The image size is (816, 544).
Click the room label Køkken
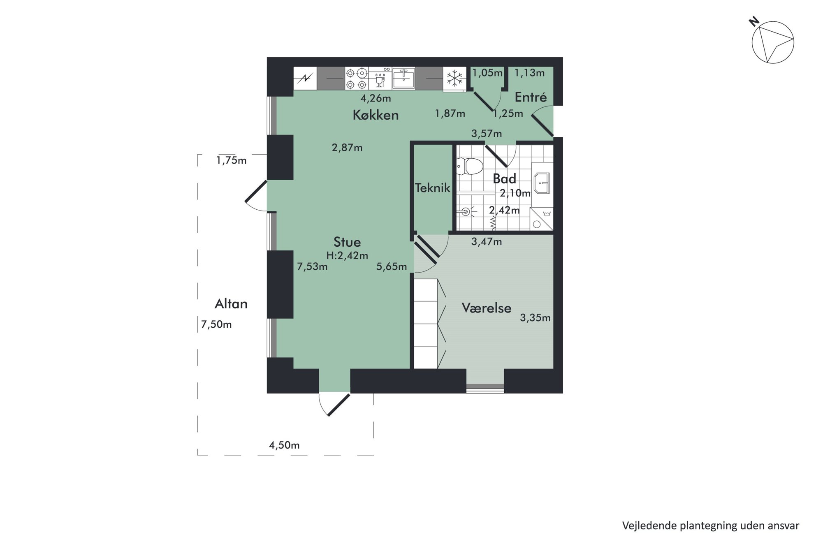click(x=376, y=115)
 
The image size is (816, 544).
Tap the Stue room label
click(x=347, y=242)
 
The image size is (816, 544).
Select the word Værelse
click(x=487, y=308)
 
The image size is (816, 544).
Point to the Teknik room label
click(x=433, y=188)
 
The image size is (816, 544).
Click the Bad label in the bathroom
click(x=504, y=179)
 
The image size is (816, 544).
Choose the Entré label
click(x=531, y=97)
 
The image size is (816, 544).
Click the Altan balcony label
click(x=231, y=304)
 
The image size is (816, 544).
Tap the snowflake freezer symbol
click(x=454, y=78)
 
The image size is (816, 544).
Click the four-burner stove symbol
click(x=356, y=79)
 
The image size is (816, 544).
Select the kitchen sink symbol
click(x=403, y=78)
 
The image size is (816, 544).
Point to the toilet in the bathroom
click(x=469, y=167)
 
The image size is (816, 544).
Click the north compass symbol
click(x=772, y=41)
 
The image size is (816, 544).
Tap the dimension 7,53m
click(x=312, y=267)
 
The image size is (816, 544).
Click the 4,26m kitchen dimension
click(x=376, y=98)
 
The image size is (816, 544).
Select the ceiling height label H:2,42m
click(x=347, y=256)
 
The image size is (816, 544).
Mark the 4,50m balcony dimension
click(x=284, y=445)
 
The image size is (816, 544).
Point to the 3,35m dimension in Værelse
click(x=535, y=318)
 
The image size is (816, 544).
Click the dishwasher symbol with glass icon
click(x=380, y=79)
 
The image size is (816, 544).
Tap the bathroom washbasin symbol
click(x=542, y=184)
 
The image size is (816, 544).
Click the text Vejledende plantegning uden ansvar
click(x=711, y=525)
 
